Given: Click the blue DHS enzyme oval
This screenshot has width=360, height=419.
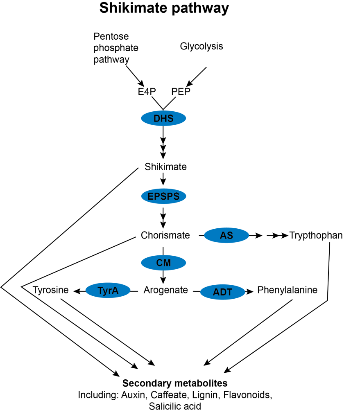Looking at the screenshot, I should (163, 119).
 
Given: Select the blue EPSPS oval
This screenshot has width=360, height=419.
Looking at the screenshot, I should (163, 196).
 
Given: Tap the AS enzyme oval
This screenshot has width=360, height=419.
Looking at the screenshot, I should (226, 236).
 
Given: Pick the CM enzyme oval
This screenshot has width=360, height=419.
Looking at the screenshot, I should (163, 262).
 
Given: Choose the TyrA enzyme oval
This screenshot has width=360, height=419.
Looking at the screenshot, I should (108, 291).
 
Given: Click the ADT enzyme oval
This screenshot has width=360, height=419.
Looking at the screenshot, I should (222, 292).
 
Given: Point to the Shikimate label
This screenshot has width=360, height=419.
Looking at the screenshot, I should (165, 167).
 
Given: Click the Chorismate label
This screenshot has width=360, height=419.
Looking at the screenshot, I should (165, 235).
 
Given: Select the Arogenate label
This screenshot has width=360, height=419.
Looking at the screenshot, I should (165, 291).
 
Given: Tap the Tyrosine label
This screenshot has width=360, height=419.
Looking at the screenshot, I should (51, 291).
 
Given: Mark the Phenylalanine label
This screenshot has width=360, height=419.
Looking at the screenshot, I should (287, 291).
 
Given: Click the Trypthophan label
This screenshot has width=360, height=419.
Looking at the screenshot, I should (316, 235).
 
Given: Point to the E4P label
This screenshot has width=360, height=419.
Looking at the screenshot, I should (147, 92).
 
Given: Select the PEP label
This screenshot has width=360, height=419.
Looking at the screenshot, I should (181, 92).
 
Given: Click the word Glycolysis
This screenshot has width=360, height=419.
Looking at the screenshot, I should (202, 46).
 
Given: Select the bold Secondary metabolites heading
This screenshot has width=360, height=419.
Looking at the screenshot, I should (175, 384).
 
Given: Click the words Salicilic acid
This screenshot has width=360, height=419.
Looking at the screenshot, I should (175, 406).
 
